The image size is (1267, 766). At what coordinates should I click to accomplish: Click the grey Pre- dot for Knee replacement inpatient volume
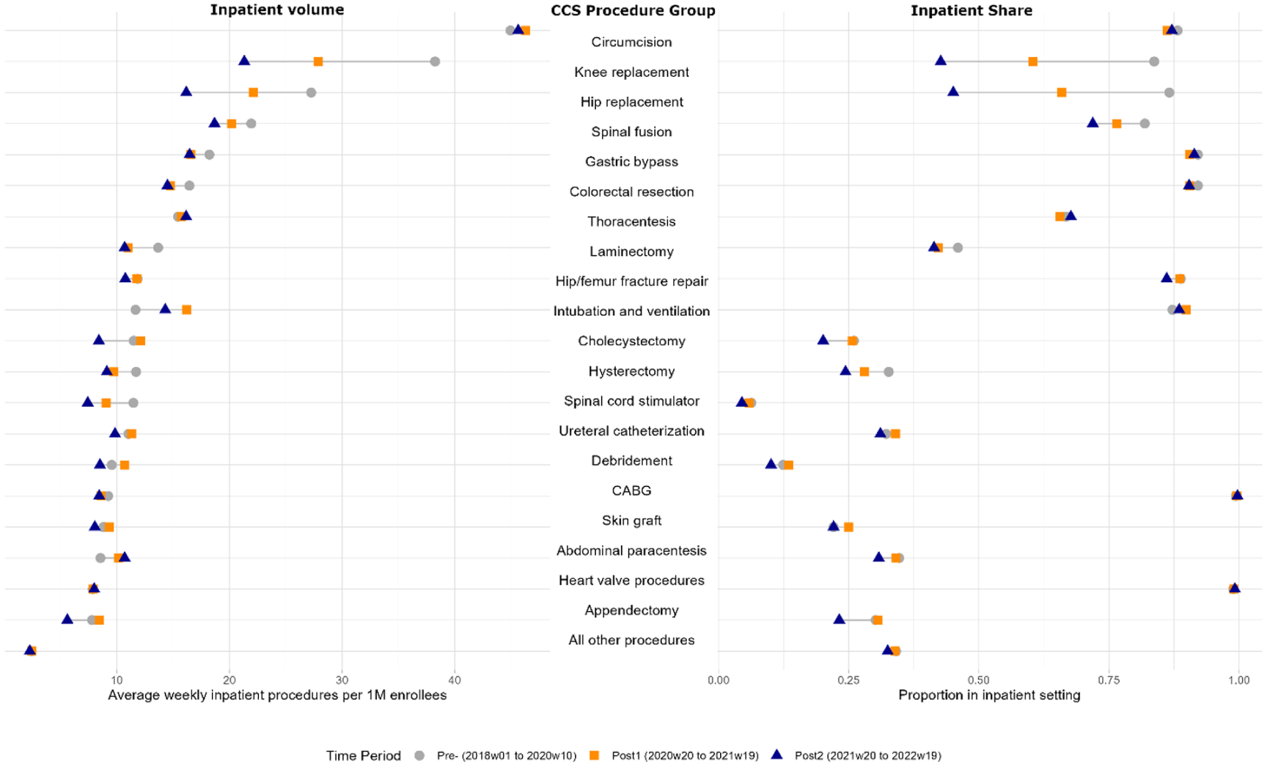coord(435,62)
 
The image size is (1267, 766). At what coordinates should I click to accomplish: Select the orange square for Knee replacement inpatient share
coord(1033,62)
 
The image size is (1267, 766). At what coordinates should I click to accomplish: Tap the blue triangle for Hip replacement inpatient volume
coord(186,92)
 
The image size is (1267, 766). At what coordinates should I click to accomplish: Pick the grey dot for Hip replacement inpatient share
coord(1169,92)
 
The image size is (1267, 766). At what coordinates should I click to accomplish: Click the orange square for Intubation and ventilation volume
coord(187,310)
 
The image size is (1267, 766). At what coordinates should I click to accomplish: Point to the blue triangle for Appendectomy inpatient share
coord(840,619)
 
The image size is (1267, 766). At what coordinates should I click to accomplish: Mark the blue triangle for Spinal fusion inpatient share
coord(1092,122)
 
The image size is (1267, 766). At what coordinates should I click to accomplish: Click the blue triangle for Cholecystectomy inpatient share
coord(823,340)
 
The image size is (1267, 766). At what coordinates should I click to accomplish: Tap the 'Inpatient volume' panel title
coord(277,10)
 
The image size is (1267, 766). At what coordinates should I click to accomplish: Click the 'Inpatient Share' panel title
coord(972,10)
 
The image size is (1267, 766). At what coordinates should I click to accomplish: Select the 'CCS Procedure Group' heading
coord(633,11)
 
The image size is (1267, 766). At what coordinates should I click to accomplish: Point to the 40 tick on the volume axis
coord(455,680)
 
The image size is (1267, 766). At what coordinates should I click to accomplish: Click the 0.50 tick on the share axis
coord(979,680)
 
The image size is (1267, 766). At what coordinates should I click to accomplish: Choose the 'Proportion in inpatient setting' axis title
coord(989,695)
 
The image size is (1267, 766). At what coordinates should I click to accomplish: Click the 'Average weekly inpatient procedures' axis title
coord(277,695)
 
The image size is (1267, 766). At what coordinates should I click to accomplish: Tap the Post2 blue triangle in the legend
coord(777,754)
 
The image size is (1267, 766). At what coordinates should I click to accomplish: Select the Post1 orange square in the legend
coord(595,755)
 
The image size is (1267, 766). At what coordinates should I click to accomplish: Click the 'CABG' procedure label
coord(631,490)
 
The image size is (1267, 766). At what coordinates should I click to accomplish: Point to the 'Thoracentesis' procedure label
coord(631,221)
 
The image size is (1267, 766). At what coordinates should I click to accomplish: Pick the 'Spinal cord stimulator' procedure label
coord(631,401)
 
